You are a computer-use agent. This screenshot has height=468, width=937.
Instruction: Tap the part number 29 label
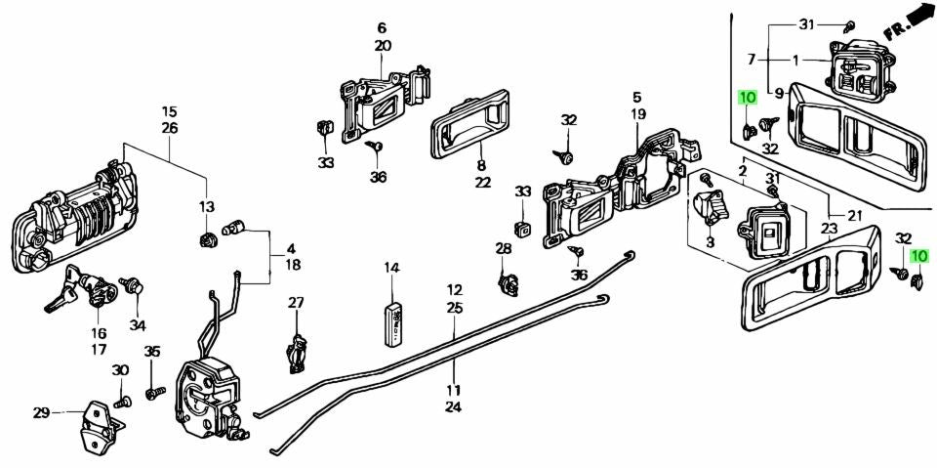41,413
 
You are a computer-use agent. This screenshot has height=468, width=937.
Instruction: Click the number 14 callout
391,267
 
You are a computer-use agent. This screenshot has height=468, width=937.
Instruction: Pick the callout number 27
296,303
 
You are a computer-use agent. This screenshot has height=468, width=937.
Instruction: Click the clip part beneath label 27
298,351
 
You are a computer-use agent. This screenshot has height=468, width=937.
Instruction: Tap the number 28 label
503,250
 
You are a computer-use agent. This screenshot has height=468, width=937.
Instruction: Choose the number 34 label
137,324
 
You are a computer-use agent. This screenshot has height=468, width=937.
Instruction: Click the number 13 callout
207,206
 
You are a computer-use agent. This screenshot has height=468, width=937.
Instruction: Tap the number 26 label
169,128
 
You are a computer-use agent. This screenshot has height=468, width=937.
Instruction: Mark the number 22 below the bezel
481,183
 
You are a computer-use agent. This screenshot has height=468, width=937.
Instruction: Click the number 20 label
382,46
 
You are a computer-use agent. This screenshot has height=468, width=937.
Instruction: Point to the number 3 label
710,241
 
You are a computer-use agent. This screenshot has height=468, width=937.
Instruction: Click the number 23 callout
830,230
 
